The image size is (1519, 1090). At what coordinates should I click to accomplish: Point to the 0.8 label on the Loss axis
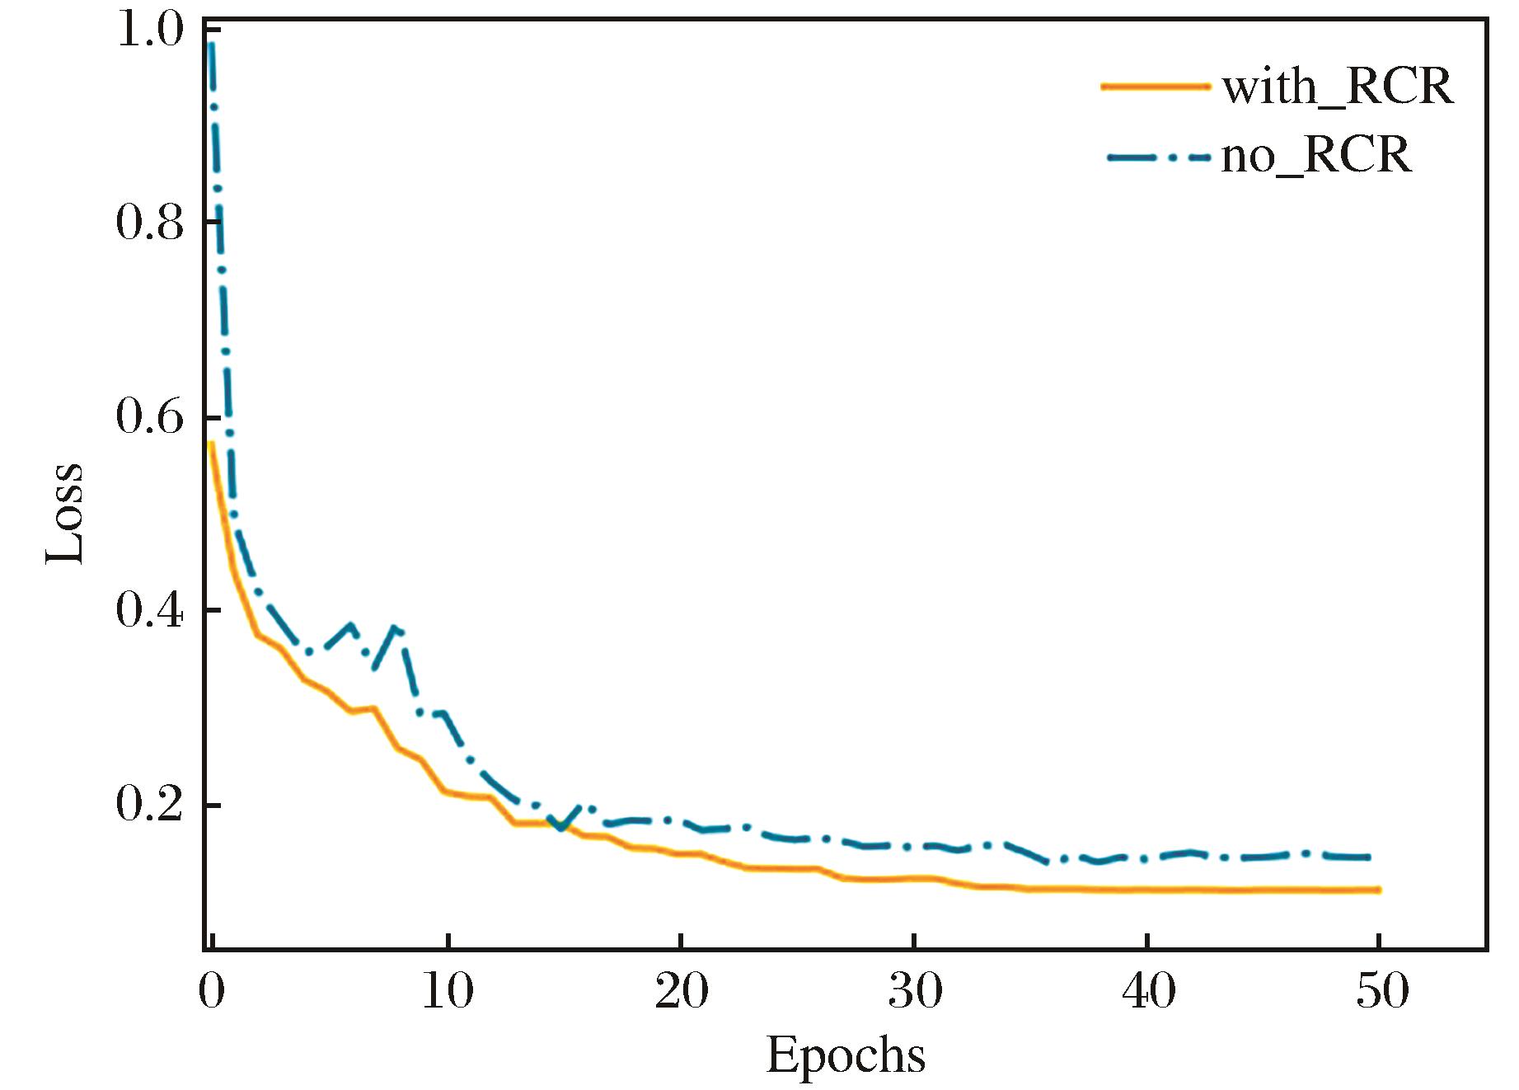pyautogui.click(x=149, y=223)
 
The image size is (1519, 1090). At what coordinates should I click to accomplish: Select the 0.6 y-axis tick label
pyautogui.click(x=149, y=417)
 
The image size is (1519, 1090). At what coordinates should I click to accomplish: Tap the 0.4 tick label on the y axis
pyautogui.click(x=149, y=611)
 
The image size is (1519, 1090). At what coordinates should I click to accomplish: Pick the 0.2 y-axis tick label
pyautogui.click(x=149, y=805)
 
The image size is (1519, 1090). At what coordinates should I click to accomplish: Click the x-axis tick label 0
pyautogui.click(x=212, y=992)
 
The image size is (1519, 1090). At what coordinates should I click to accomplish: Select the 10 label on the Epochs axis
pyautogui.click(x=448, y=992)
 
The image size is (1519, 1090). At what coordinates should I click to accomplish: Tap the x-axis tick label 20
pyautogui.click(x=681, y=992)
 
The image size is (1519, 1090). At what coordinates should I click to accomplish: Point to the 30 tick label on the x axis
pyautogui.click(x=915, y=992)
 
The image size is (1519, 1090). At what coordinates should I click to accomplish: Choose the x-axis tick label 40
pyautogui.click(x=1148, y=992)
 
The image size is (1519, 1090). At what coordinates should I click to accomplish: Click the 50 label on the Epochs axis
pyautogui.click(x=1382, y=992)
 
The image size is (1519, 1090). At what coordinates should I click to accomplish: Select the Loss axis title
pyautogui.click(x=64, y=512)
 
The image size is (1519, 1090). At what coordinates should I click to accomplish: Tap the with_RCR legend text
pyautogui.click(x=1337, y=87)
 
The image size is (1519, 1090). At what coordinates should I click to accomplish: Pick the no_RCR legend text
pyautogui.click(x=1315, y=155)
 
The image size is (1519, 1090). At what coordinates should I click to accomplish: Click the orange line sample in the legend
pyautogui.click(x=1156, y=86)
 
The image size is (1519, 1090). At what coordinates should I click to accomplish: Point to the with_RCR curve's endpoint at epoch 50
pyautogui.click(x=1378, y=890)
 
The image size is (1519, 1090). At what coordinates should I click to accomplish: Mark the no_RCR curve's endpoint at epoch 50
pyautogui.click(x=1368, y=857)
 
